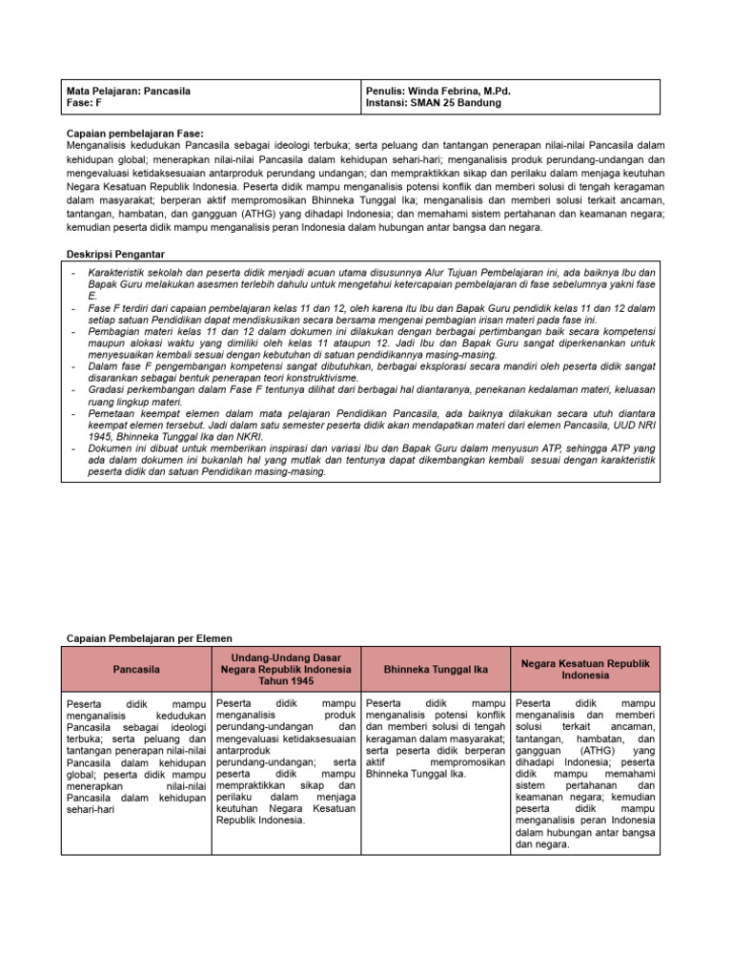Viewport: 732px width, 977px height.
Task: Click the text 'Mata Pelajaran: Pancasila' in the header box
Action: coord(129,91)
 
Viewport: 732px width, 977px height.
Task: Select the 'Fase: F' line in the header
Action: coord(87,103)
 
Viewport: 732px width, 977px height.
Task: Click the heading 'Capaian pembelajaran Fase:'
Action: coord(134,133)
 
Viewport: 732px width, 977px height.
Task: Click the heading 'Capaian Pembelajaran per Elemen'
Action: coord(149,637)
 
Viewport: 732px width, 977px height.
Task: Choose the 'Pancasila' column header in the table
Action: coord(136,670)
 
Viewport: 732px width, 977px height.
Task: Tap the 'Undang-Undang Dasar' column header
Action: coord(287,669)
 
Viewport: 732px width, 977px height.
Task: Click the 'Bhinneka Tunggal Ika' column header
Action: coord(437,670)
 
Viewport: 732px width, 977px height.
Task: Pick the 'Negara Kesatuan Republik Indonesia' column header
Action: coord(585,669)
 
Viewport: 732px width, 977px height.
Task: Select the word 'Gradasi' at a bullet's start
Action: coord(109,391)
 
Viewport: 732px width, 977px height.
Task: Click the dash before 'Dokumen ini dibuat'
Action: coord(73,447)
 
